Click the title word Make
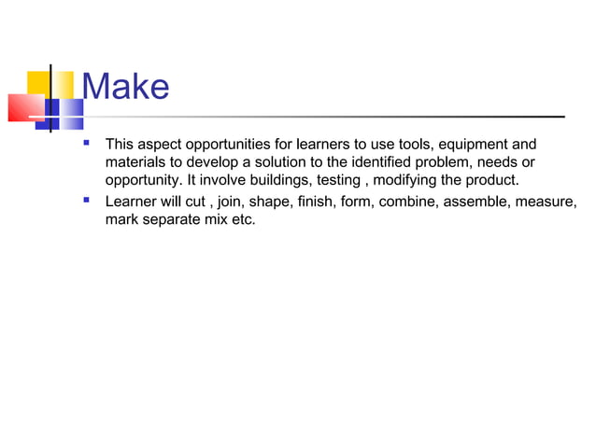(126, 87)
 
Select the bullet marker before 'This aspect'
(87, 144)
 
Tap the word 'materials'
(135, 162)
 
